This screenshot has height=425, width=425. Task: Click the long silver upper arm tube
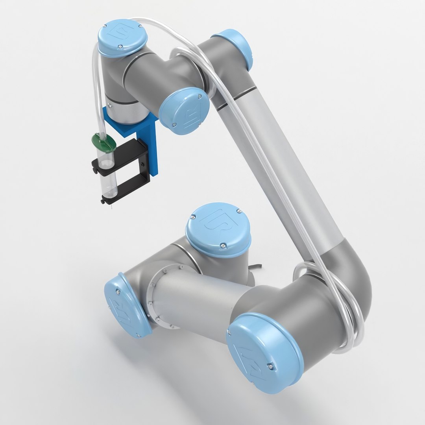(291, 173)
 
